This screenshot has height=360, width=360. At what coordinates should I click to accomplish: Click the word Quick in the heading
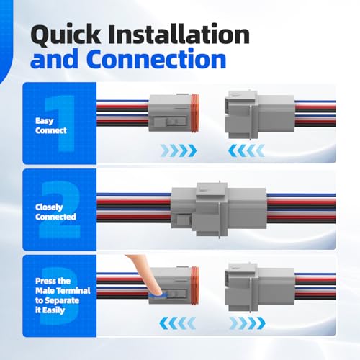tap(66, 35)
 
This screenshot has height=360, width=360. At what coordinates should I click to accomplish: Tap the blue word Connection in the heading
tap(156, 59)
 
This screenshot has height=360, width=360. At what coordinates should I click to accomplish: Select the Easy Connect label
tap(51, 125)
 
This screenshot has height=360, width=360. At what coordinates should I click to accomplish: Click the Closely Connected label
tap(55, 212)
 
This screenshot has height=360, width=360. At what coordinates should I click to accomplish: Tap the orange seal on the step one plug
tap(194, 113)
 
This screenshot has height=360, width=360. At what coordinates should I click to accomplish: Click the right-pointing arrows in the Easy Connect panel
tap(179, 150)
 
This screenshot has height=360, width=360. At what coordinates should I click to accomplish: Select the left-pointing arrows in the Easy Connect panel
tap(246, 150)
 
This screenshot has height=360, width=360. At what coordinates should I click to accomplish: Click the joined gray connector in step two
tap(219, 210)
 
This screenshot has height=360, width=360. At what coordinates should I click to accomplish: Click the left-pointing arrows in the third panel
tap(177, 323)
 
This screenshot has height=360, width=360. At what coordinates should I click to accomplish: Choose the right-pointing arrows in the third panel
tap(248, 323)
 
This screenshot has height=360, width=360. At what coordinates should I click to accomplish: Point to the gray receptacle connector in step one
tap(260, 115)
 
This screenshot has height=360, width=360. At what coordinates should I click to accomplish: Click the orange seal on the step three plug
tap(194, 285)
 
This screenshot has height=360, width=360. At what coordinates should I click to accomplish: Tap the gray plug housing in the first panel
tap(170, 113)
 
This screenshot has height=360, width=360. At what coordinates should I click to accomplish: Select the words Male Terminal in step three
tap(63, 291)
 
